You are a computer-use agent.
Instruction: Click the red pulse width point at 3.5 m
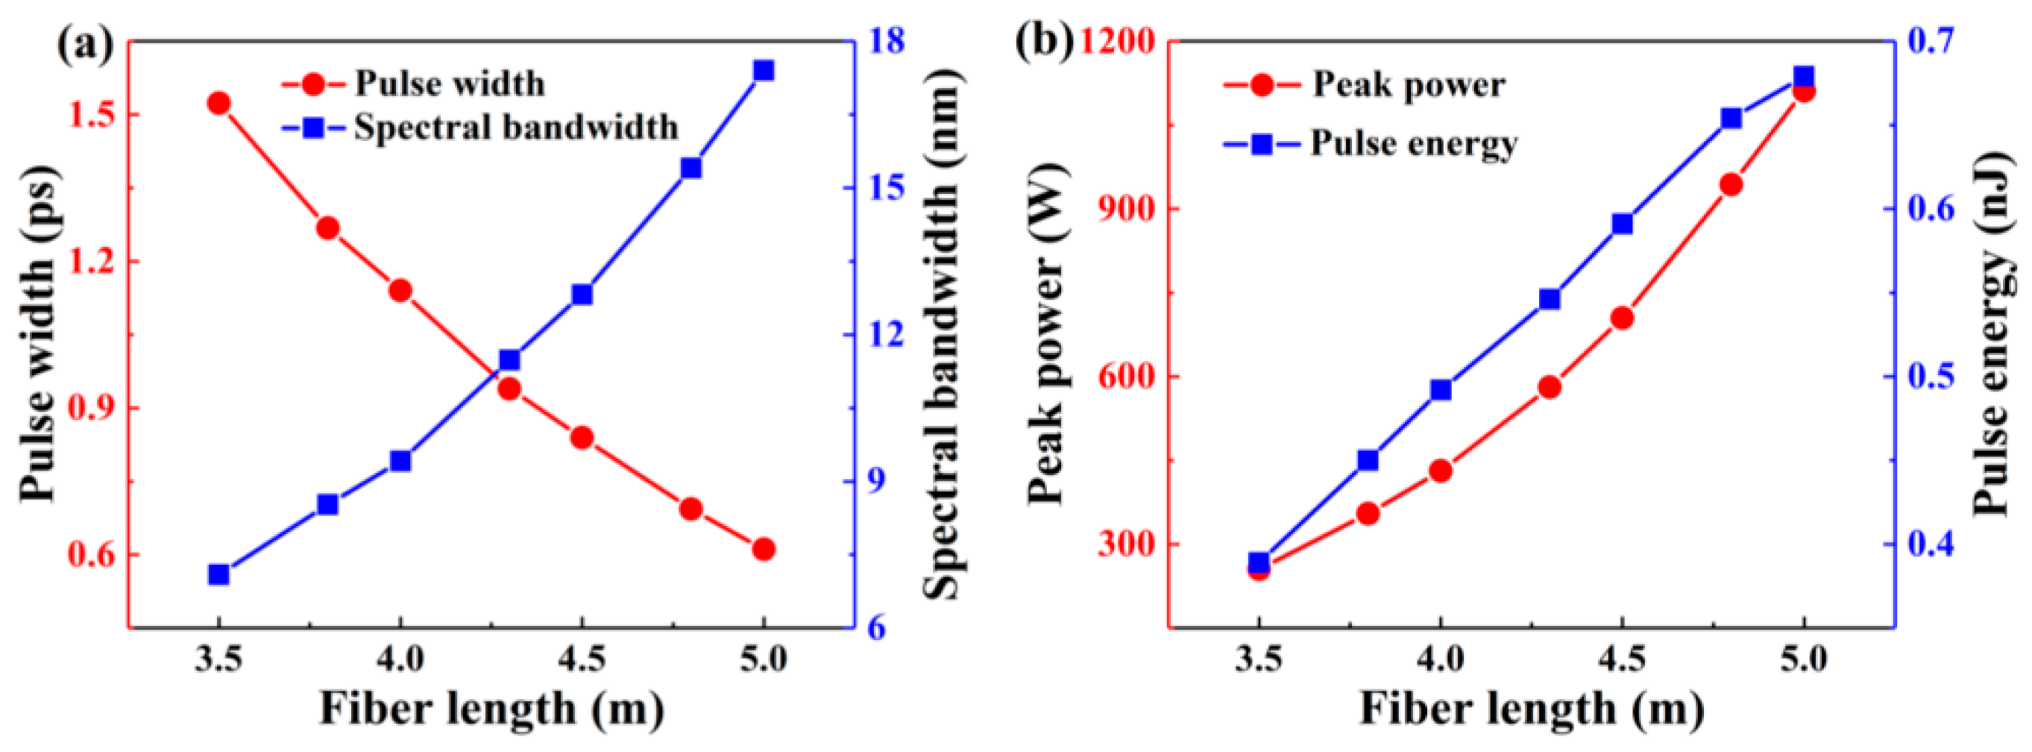point(218,104)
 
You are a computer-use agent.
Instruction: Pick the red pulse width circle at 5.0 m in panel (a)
point(763,549)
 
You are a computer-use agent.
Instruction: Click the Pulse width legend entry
point(449,84)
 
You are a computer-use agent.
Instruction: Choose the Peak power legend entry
point(1408,84)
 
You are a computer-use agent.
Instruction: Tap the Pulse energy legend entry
point(1414,144)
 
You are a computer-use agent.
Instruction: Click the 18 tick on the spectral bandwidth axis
point(886,40)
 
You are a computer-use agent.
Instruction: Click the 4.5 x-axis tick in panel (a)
point(582,657)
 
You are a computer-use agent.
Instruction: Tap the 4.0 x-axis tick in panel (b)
point(1441,657)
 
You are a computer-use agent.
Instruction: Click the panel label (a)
point(85,43)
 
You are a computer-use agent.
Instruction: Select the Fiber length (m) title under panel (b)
point(1531,708)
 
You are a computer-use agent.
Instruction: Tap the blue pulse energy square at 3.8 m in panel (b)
point(1368,460)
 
